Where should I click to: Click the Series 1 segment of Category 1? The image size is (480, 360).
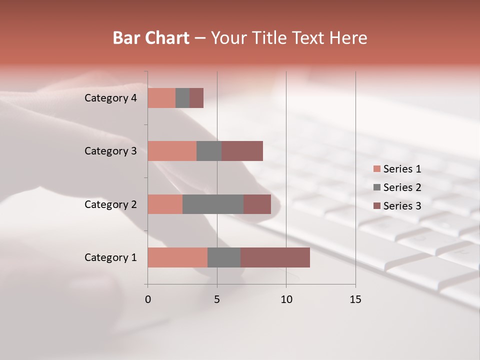click(177, 257)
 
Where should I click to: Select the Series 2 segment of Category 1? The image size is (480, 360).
click(224, 257)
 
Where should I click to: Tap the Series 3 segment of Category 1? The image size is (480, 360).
click(275, 257)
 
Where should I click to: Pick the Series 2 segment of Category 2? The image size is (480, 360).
click(213, 204)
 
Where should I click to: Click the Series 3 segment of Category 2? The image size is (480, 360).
click(257, 204)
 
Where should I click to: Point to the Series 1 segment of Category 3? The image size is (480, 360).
click(172, 151)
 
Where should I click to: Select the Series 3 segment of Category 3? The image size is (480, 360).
click(242, 151)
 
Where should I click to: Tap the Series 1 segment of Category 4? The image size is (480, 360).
click(161, 98)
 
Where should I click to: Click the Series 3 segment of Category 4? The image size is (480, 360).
click(196, 98)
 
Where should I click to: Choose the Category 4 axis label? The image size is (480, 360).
click(110, 98)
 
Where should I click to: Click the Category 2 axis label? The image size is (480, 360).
click(110, 204)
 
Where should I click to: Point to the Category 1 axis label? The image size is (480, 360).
click(110, 257)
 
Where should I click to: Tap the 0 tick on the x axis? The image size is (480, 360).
click(148, 299)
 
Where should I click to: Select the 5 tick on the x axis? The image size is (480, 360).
click(217, 299)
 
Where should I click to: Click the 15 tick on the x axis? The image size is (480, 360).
click(355, 299)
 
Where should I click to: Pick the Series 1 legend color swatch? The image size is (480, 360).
click(377, 169)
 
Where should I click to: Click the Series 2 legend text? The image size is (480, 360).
click(402, 187)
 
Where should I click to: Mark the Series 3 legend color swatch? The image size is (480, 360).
click(377, 206)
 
